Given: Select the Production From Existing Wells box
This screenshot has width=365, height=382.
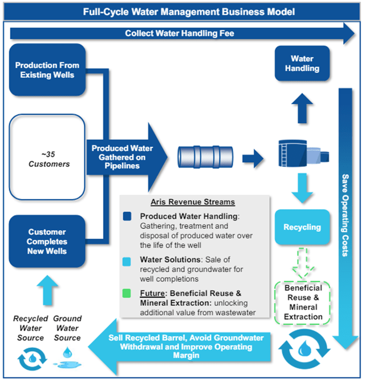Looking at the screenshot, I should click(47, 70).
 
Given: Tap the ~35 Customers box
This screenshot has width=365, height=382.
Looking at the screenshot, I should click(47, 159).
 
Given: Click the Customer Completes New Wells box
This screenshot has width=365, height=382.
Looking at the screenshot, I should click(47, 241).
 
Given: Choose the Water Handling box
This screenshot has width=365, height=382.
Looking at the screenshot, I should click(302, 63).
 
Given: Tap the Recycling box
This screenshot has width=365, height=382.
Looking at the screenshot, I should click(302, 227).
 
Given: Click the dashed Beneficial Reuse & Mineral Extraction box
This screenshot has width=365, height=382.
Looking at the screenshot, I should click(303, 302).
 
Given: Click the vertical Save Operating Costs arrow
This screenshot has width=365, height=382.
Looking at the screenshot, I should click(345, 217).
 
